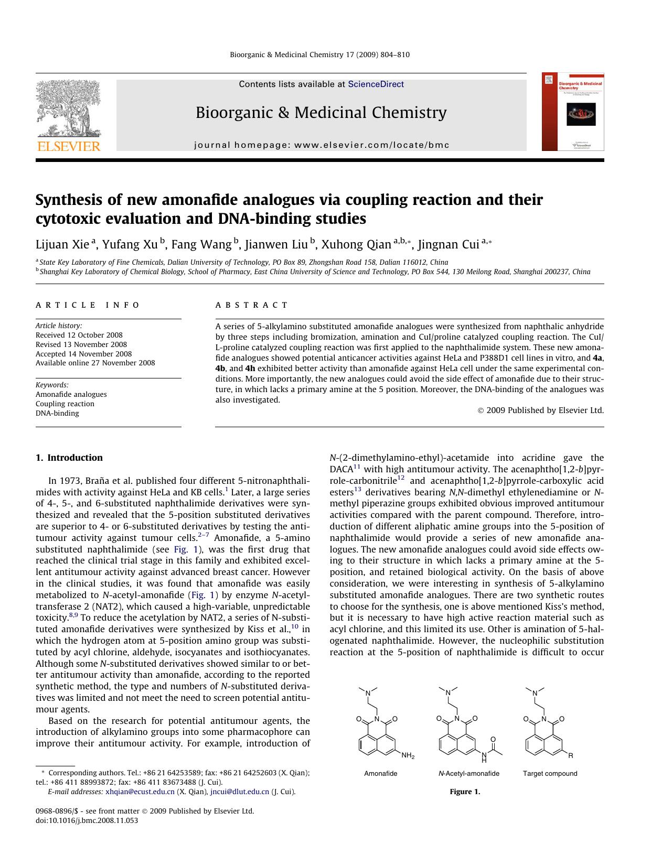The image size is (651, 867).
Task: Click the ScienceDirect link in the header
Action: pos(376,84)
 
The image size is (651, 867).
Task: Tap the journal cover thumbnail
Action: pos(573,112)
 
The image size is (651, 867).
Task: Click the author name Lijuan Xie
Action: pos(62,244)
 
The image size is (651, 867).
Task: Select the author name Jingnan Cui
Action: pos(448,244)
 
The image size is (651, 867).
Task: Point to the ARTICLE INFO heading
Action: pos(88,305)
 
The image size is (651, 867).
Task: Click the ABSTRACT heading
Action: pos(252,305)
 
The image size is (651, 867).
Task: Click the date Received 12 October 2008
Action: pos(79,335)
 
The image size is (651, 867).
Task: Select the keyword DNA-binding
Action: pos(57,413)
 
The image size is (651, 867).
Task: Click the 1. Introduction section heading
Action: pos(69,458)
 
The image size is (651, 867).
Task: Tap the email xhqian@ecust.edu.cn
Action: pos(140,792)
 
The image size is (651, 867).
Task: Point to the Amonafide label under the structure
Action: pos(381,773)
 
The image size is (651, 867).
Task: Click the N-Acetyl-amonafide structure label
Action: pos(468,773)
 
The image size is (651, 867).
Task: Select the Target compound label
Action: pos(550,773)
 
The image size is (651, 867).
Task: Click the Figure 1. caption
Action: pos(465,792)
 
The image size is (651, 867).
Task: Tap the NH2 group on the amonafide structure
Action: pos(408,756)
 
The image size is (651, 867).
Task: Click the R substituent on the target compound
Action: pos(571,755)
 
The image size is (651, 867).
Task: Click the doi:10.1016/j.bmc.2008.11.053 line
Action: pos(87,820)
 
